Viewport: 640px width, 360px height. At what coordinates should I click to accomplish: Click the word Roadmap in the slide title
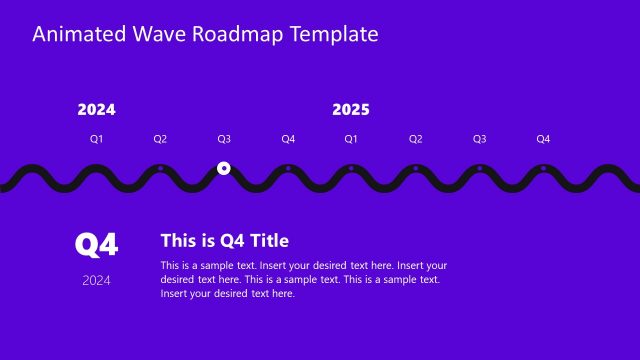click(x=239, y=34)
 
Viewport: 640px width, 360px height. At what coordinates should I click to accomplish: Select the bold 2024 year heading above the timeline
click(x=96, y=110)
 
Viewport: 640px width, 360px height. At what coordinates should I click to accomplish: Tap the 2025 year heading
click(x=351, y=110)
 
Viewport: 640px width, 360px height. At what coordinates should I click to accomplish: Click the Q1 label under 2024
click(x=96, y=139)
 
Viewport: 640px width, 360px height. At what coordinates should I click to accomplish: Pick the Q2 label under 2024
click(x=160, y=139)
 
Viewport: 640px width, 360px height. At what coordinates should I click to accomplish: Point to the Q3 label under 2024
click(x=224, y=139)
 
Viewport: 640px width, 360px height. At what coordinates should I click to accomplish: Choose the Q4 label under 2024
click(x=288, y=139)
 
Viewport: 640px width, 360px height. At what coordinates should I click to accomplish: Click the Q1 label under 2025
click(x=351, y=139)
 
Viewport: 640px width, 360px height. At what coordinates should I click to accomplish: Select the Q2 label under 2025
click(x=415, y=139)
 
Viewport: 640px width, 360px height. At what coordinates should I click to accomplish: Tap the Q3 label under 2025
click(x=479, y=139)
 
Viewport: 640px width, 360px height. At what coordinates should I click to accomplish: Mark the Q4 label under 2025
click(x=543, y=139)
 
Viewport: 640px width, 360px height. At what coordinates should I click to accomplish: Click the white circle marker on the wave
click(x=224, y=168)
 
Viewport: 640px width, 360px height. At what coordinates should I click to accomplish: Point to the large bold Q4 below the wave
click(x=97, y=244)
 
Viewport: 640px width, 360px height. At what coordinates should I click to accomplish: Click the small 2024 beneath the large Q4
click(x=97, y=280)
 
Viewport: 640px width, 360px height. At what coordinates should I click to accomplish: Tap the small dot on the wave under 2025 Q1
click(x=351, y=168)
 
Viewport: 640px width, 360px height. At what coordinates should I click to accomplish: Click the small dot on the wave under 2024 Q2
click(x=160, y=168)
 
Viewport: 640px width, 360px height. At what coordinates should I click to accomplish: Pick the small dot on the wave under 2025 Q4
click(x=543, y=168)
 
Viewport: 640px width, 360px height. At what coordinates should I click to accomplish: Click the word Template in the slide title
click(x=334, y=34)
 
